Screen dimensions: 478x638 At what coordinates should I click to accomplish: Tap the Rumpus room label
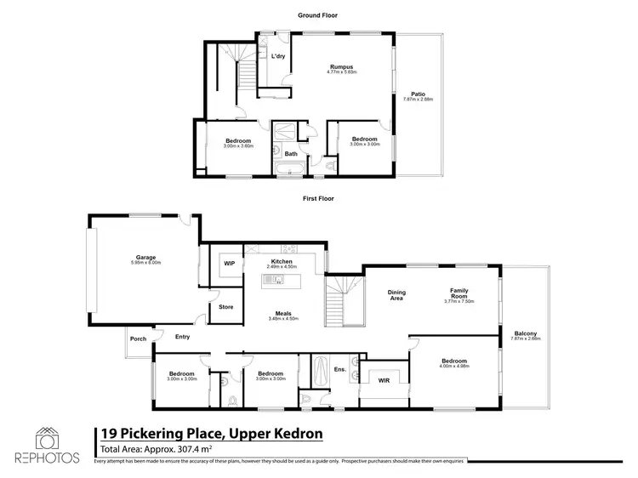[x=342, y=66]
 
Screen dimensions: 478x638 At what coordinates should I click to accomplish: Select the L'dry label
[x=278, y=57]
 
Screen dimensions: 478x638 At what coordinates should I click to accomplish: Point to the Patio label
[x=418, y=95]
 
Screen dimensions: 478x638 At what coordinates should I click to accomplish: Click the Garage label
[x=146, y=256]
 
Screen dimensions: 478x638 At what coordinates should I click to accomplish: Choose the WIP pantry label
[x=229, y=264]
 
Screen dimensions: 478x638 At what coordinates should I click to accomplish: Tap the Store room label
[x=226, y=306]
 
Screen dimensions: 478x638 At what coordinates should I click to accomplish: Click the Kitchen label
[x=282, y=261]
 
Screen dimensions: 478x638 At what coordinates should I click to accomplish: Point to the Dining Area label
[x=397, y=295]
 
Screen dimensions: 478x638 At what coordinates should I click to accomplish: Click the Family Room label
[x=459, y=293]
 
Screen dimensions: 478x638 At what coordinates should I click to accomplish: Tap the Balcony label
[x=525, y=333]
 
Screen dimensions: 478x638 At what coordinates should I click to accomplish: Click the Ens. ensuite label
[x=339, y=369]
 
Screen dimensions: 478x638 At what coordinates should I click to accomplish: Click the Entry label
[x=182, y=336]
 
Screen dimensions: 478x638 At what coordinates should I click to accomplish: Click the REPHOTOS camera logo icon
[x=48, y=437]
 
